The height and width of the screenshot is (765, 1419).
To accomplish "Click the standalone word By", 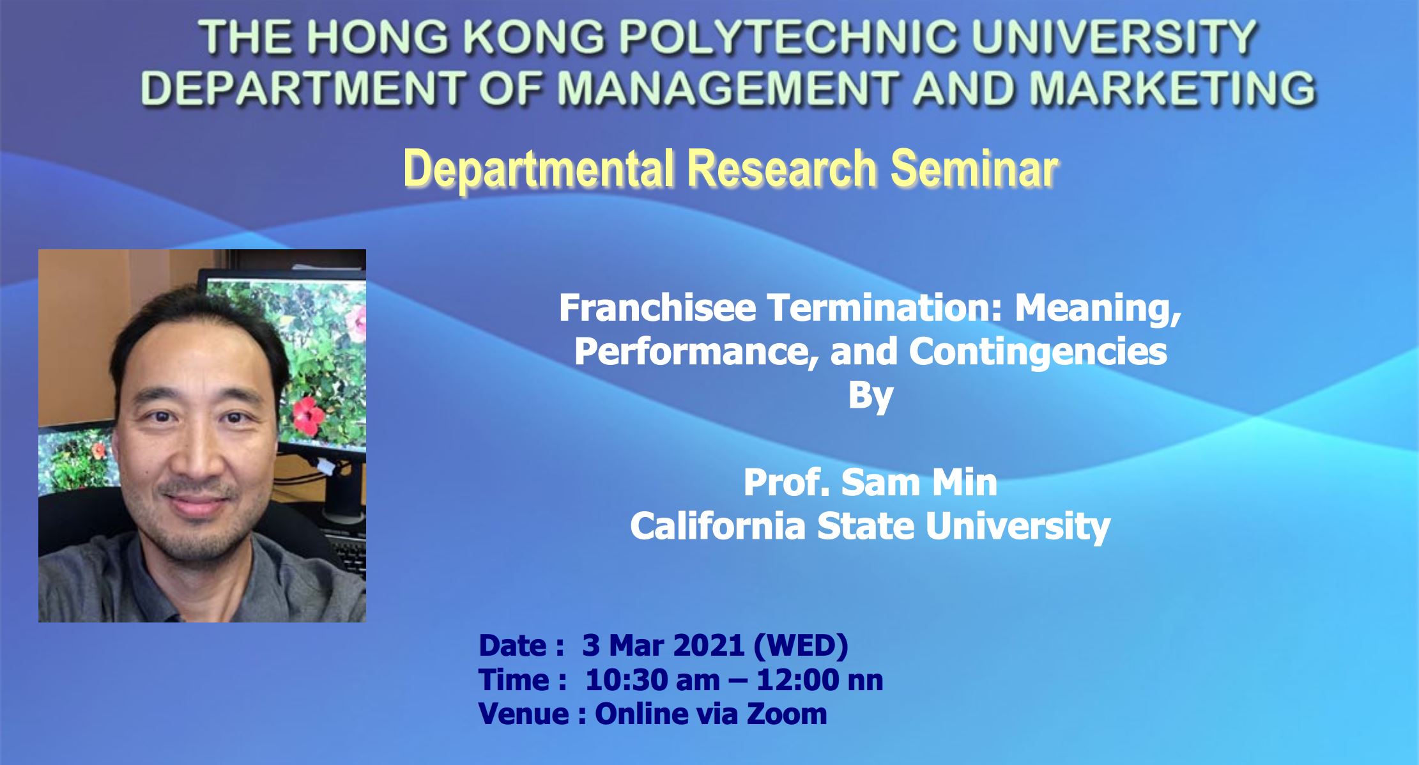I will [x=870, y=396].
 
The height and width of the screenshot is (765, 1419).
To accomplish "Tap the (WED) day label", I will [x=801, y=645].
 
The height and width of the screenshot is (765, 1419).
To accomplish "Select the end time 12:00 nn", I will [x=820, y=680].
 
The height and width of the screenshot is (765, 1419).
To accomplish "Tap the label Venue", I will [x=523, y=714].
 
